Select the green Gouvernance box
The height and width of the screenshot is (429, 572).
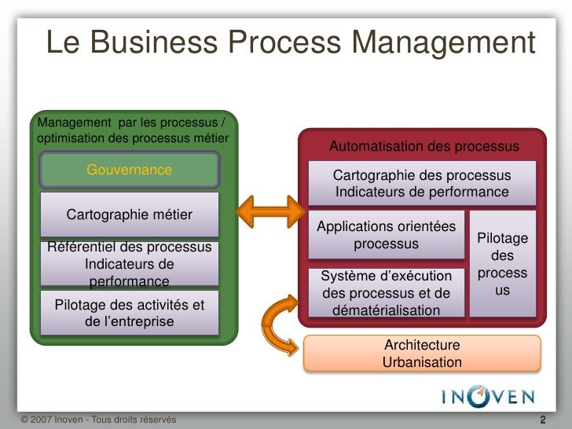point(130,170)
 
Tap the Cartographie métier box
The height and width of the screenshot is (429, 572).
point(130,215)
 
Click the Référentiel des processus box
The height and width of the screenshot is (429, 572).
point(130,263)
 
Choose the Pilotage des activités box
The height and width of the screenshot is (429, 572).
point(130,313)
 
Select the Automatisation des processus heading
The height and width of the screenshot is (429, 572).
point(423,147)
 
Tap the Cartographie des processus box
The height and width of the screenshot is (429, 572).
point(422,184)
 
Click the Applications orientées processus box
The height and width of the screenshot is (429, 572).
point(386,235)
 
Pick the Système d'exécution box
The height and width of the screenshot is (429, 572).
point(386,293)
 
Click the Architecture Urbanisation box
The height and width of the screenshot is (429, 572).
point(422,354)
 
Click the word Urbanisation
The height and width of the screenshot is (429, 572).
point(422,362)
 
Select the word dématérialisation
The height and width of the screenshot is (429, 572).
point(386,310)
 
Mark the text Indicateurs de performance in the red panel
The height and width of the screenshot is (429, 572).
point(422,192)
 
